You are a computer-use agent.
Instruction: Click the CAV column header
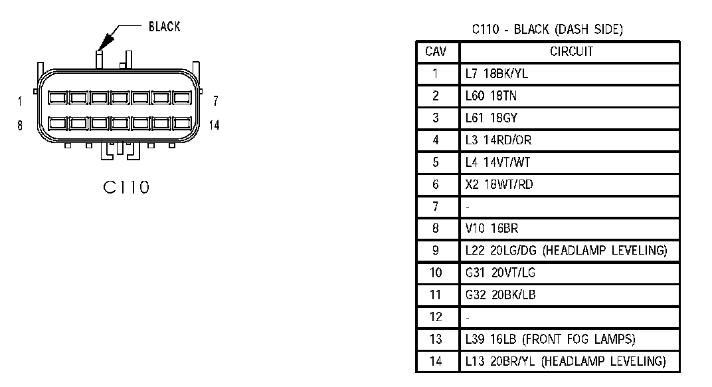[x=436, y=51]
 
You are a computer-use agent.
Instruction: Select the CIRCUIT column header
[x=571, y=51]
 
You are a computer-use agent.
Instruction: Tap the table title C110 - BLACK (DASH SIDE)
[x=547, y=29]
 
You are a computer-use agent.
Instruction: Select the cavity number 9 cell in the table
[x=436, y=251]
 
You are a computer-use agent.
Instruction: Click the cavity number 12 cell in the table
[x=436, y=317]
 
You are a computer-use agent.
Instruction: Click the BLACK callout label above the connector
[x=164, y=27]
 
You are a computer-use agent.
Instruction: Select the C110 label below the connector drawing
[x=126, y=188]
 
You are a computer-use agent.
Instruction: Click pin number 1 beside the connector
[x=19, y=101]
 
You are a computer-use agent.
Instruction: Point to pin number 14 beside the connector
[x=215, y=125]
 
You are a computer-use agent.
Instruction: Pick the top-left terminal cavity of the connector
[x=58, y=98]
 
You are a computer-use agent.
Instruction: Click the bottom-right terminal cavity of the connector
[x=182, y=123]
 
